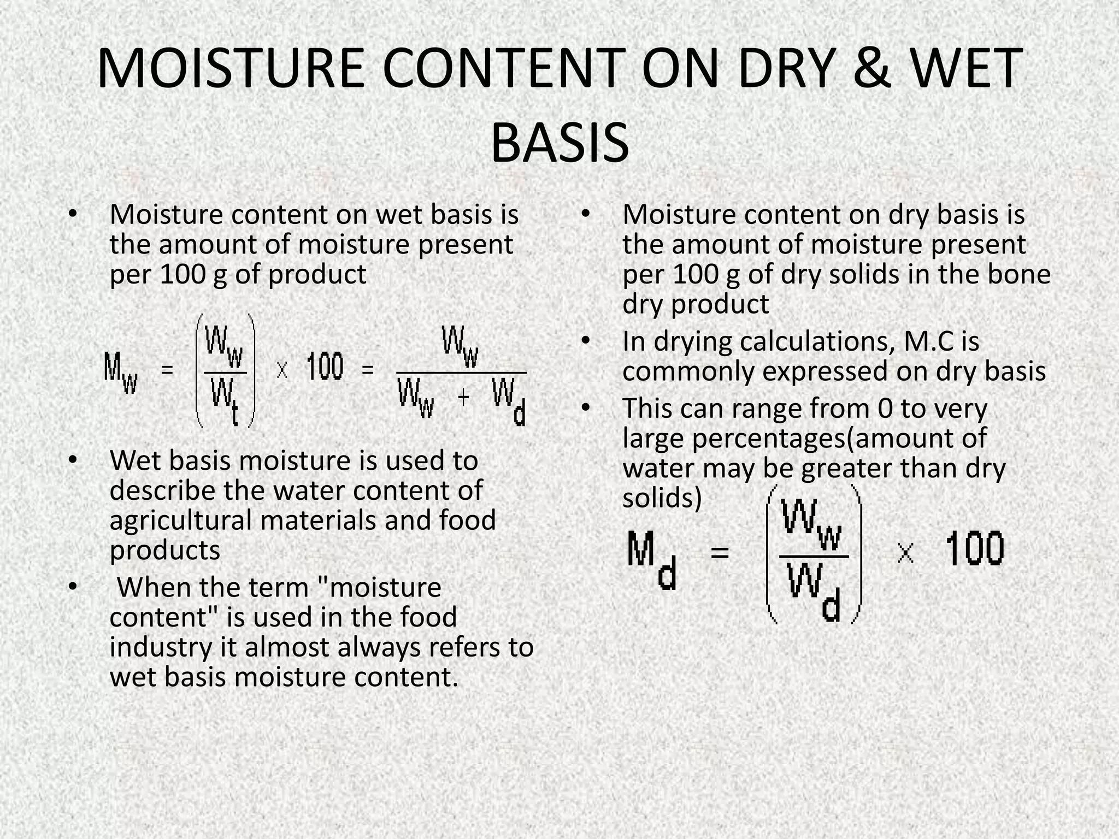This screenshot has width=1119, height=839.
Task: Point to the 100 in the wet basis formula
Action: click(x=325, y=367)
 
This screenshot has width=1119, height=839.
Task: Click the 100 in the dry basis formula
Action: click(x=974, y=550)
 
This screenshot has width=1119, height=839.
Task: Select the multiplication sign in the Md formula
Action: click(x=905, y=554)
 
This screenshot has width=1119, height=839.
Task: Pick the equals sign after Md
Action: click(x=720, y=553)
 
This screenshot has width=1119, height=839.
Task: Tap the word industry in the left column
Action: click(x=160, y=647)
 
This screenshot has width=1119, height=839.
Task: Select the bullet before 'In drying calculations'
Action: click(x=586, y=341)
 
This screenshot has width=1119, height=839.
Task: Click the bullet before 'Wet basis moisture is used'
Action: click(x=73, y=460)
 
